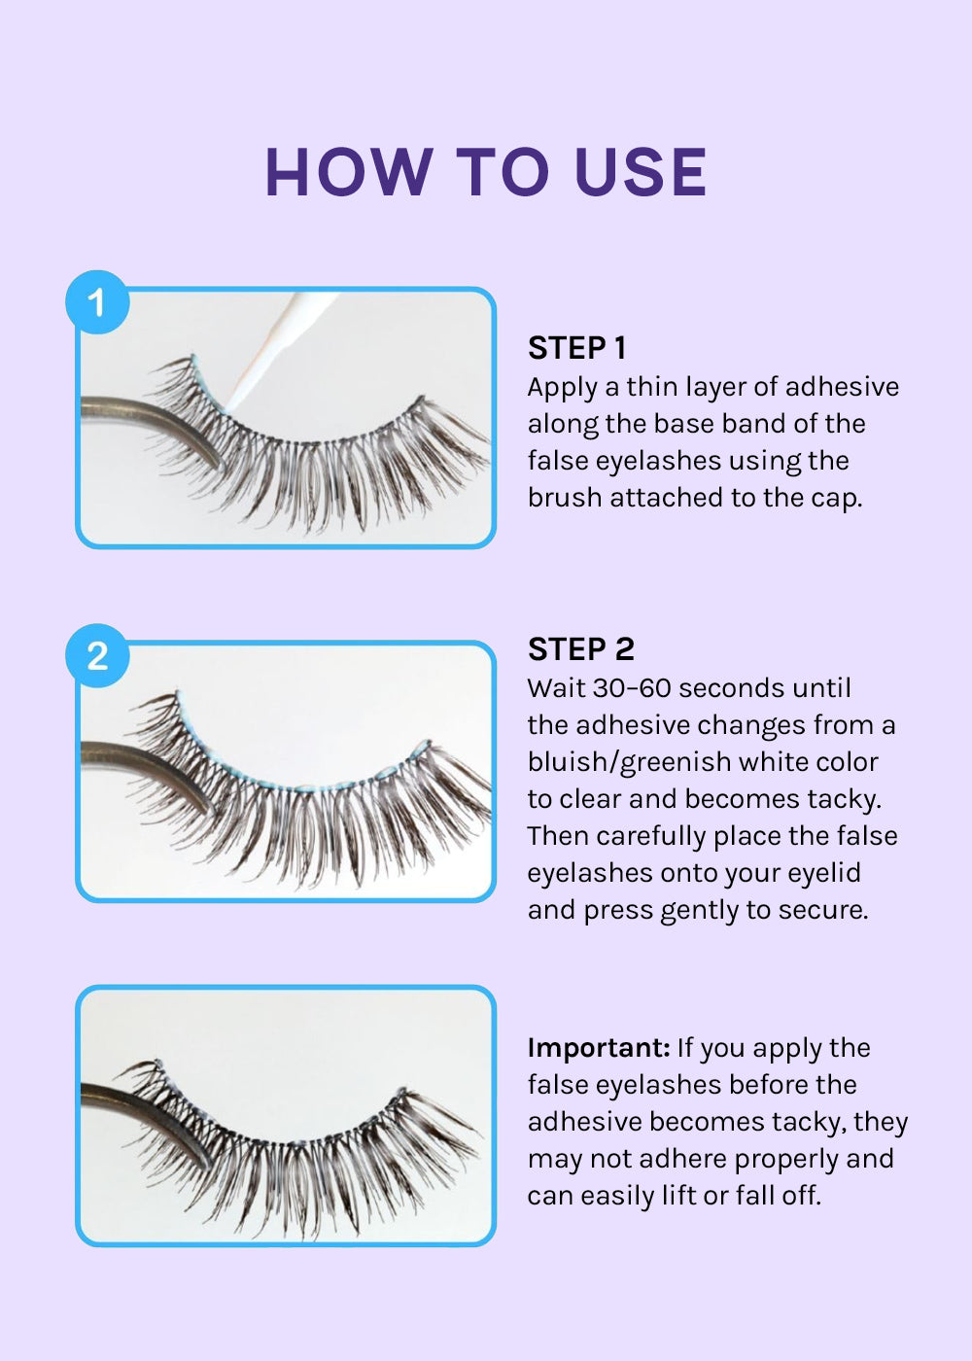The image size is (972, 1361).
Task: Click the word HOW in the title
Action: pos(349,173)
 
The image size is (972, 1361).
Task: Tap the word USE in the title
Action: pos(640,173)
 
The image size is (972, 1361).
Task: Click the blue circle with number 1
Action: pos(97,302)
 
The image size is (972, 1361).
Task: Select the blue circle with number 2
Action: pos(97,655)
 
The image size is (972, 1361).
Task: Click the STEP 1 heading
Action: pos(576,348)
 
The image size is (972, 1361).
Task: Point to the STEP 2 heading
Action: pos(581,649)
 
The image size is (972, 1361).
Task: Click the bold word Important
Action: pos(599,1048)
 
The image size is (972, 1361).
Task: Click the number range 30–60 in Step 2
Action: pos(632,688)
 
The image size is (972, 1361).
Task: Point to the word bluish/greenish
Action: pos(630,763)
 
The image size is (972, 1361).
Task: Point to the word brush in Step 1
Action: pos(565,498)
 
